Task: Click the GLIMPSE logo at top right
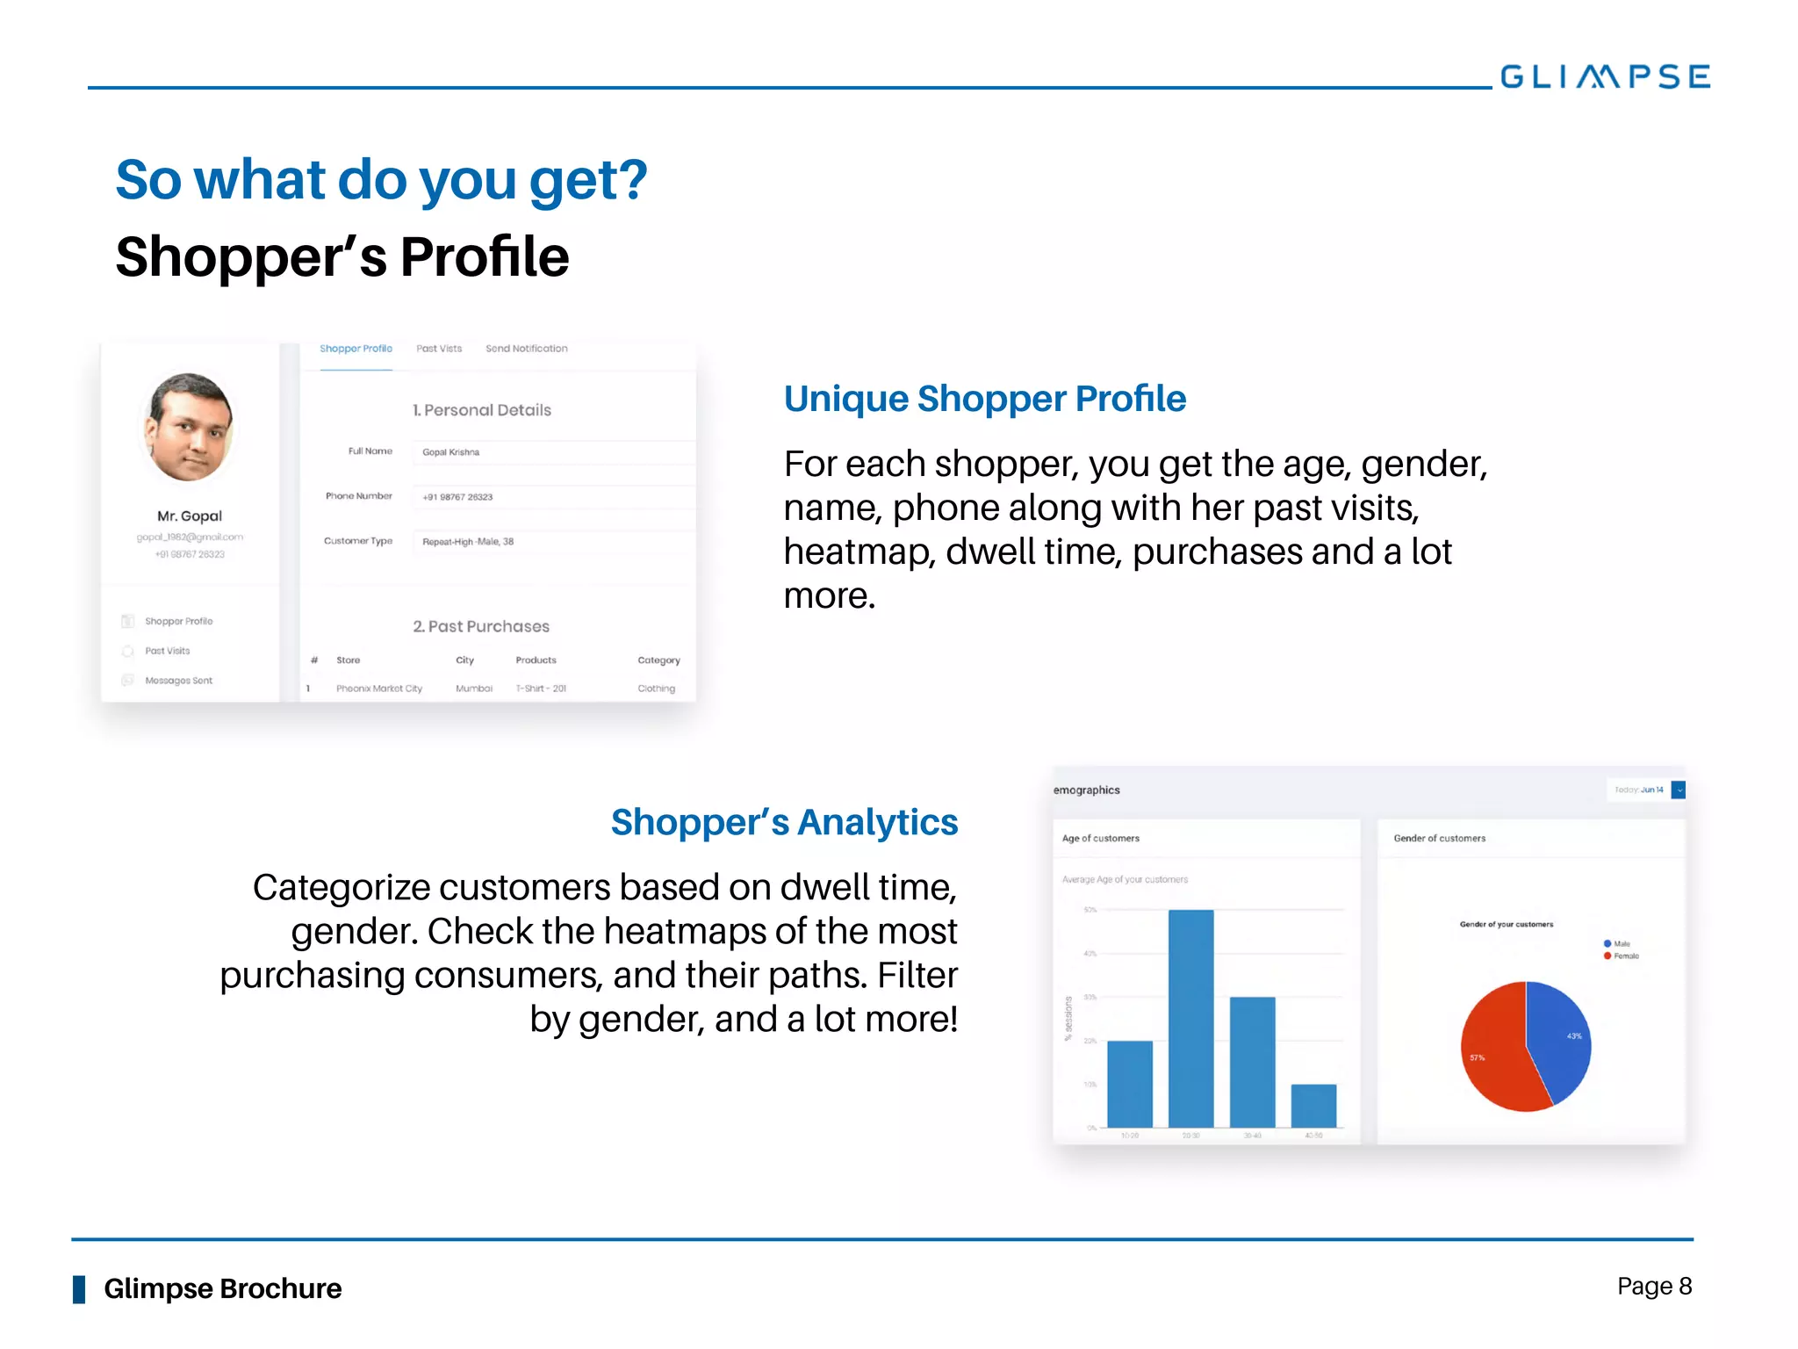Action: point(1604,77)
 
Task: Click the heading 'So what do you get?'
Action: point(381,180)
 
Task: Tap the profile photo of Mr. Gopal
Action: point(189,427)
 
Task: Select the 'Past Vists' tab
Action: point(438,349)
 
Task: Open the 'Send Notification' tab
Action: point(526,349)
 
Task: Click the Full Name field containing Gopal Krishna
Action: point(553,452)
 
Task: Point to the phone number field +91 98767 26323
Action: point(553,497)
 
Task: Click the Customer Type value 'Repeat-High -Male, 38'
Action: point(553,542)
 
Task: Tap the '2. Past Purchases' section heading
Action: point(481,626)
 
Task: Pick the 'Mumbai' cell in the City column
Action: point(473,689)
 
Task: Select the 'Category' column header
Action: point(658,660)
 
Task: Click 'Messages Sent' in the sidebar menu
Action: point(178,681)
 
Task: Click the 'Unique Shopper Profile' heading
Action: point(984,399)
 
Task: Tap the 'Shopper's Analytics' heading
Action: point(784,823)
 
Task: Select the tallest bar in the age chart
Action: point(1190,1019)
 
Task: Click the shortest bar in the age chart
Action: point(1313,1106)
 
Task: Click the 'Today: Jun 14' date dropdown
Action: point(1645,790)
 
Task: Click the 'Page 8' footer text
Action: point(1654,1287)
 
